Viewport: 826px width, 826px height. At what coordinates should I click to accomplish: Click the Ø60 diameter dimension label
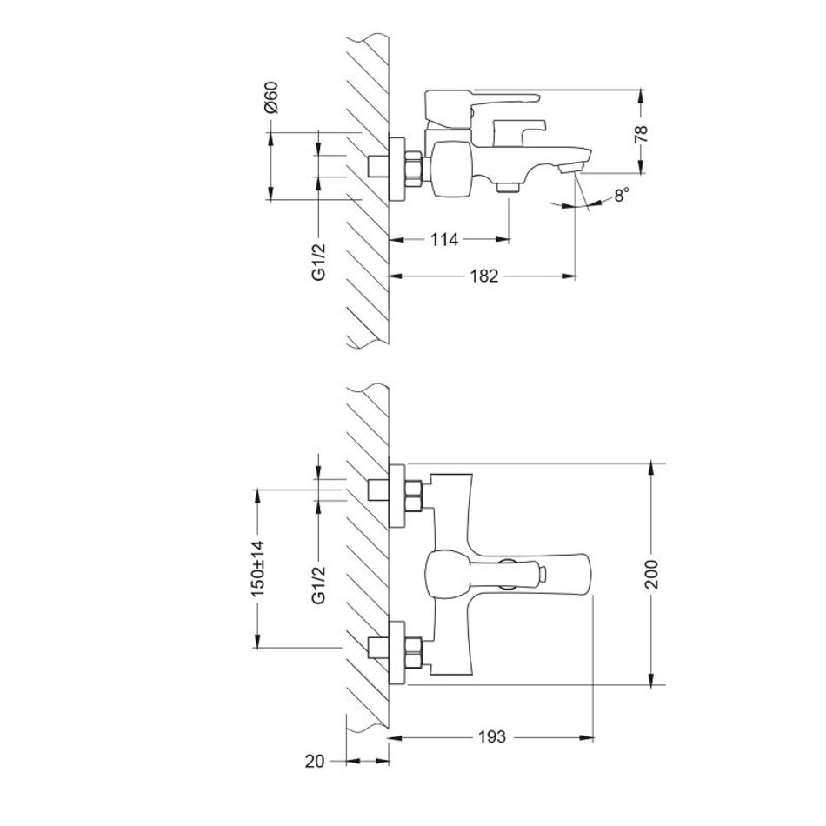(272, 97)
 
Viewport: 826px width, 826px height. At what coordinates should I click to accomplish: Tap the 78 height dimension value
(641, 134)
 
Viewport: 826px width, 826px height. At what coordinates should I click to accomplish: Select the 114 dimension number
(444, 240)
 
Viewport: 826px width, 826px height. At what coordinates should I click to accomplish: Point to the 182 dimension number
(483, 276)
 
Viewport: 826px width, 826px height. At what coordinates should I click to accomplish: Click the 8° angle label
(622, 195)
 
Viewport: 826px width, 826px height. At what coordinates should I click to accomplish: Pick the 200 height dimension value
(651, 574)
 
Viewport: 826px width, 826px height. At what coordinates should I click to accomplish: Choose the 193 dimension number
(491, 736)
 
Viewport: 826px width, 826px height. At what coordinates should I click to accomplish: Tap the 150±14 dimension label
(257, 569)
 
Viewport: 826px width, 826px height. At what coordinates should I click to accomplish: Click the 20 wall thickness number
(315, 761)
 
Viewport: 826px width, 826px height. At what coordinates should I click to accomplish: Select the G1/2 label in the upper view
(319, 262)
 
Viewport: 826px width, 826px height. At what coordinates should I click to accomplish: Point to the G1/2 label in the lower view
(319, 583)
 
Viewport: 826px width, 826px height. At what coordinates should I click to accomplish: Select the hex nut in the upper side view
(414, 168)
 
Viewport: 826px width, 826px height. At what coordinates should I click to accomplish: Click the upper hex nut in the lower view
(414, 496)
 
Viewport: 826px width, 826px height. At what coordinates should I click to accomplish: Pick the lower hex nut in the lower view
(414, 653)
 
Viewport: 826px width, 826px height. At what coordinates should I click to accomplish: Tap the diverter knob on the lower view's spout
(542, 574)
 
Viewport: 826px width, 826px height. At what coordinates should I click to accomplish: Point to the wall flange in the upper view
(396, 169)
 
